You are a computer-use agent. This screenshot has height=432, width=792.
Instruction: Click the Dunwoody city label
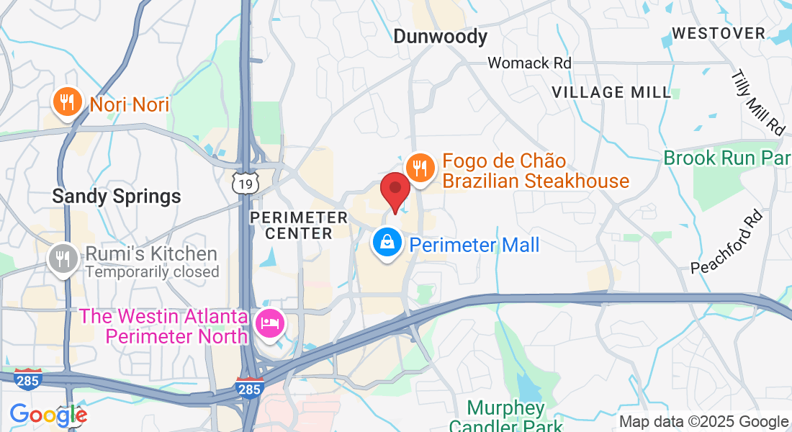(440, 36)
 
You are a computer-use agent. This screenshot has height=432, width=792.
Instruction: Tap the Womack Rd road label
(529, 63)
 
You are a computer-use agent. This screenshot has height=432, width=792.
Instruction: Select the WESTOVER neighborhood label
(718, 33)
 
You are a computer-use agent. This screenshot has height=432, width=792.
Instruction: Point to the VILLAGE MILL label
(611, 92)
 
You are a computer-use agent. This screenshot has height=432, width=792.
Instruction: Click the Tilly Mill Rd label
(757, 103)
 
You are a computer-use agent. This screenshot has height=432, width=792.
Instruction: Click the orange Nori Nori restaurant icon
(67, 103)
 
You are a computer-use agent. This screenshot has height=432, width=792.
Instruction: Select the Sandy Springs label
(116, 196)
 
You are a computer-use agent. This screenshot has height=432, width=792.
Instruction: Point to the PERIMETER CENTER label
(298, 225)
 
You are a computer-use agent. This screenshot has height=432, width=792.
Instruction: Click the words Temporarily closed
(152, 272)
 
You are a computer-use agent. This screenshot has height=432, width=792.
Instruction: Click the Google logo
(48, 415)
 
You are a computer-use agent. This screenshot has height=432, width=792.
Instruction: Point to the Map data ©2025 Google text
(703, 422)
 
